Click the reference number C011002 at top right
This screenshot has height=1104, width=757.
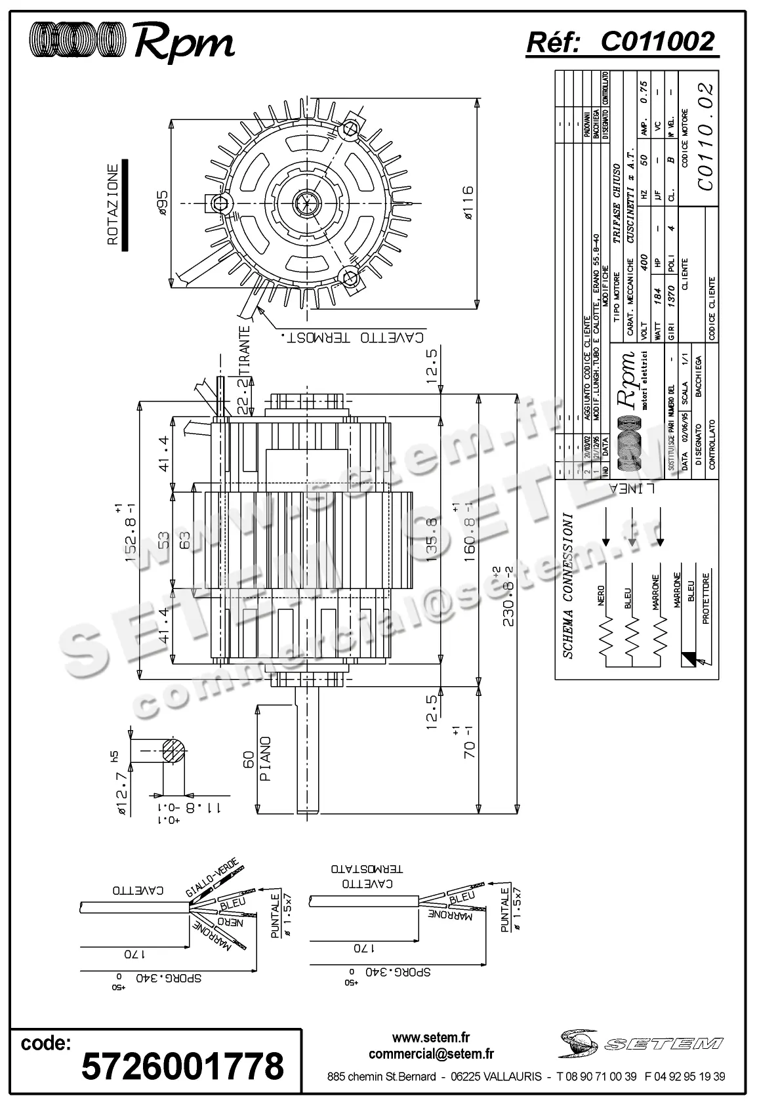[x=657, y=43]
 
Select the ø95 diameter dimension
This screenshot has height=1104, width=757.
[x=161, y=203]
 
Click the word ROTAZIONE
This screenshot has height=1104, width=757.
[x=112, y=204]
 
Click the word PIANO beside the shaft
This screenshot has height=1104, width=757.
[x=265, y=758]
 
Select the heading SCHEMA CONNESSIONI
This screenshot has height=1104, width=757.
[x=568, y=585]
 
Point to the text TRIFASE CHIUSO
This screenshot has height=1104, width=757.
[x=616, y=205]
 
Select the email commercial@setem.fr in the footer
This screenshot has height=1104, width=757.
[x=431, y=1054]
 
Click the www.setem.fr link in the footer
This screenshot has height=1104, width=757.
[x=431, y=1038]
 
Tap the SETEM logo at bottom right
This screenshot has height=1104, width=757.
[x=642, y=1043]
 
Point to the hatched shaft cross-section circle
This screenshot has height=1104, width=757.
[x=173, y=749]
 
